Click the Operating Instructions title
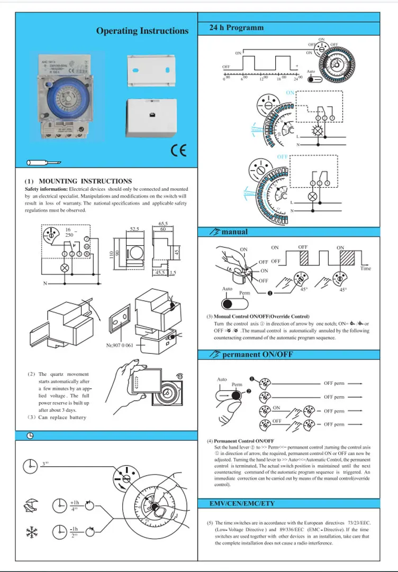(142, 31)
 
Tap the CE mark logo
(178, 150)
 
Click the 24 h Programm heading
(236, 27)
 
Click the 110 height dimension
(111, 256)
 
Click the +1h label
(74, 502)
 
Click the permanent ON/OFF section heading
(257, 355)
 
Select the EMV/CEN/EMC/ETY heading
(242, 503)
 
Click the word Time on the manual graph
(366, 269)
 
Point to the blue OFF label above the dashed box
(283, 158)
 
